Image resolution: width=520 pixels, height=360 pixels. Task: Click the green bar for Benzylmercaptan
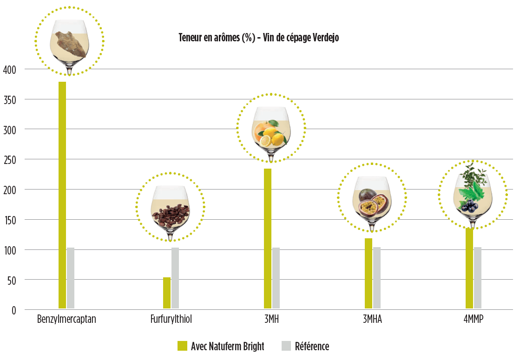(x=62, y=195)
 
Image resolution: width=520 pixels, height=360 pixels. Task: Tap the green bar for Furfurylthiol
(x=167, y=293)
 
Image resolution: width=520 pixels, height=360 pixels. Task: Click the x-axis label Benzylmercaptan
(x=66, y=320)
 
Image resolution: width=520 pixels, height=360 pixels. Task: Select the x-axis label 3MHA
(x=373, y=320)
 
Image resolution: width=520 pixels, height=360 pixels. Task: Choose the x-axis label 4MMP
(x=473, y=320)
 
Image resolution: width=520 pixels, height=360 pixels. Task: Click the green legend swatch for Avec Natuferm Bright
(x=183, y=346)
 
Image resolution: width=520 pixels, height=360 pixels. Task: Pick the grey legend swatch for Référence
(x=287, y=346)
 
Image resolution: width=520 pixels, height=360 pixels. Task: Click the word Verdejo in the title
(x=324, y=38)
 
